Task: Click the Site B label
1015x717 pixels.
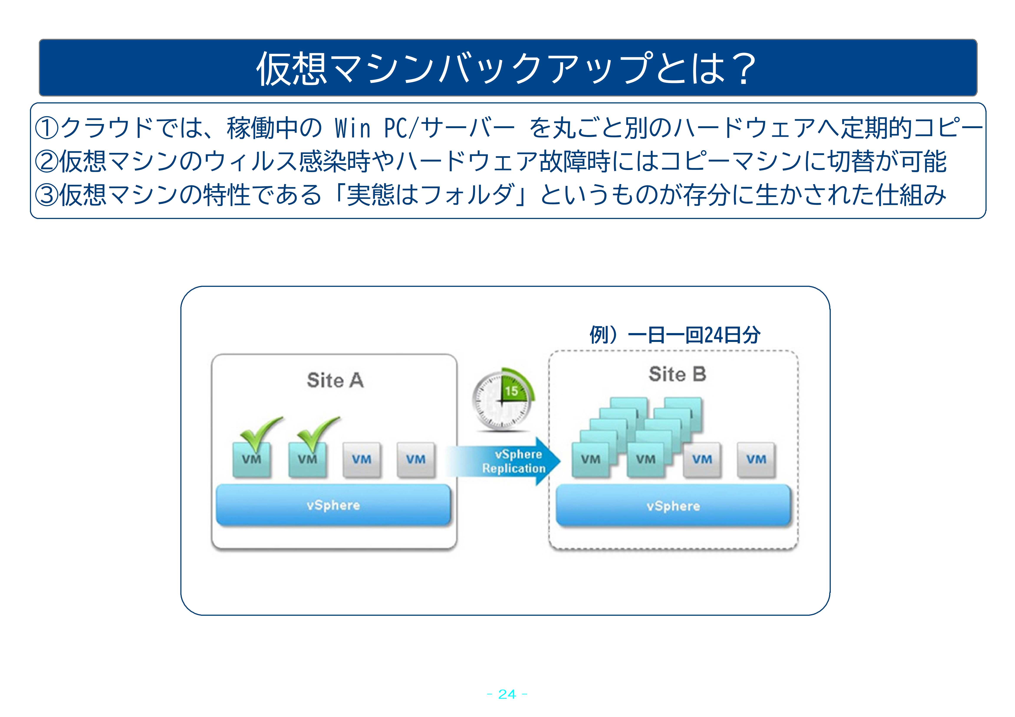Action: (x=677, y=374)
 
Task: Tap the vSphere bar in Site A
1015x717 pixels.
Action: (x=333, y=505)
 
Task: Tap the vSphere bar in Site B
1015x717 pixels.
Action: (x=673, y=506)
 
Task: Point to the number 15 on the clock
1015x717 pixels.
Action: (x=512, y=391)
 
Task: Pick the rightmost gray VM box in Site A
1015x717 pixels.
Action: (x=416, y=460)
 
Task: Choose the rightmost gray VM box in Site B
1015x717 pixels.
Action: (x=756, y=460)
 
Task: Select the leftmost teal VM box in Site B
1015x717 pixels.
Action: (x=591, y=460)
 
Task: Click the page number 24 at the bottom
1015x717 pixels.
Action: (x=507, y=694)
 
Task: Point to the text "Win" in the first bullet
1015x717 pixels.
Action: (x=352, y=128)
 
